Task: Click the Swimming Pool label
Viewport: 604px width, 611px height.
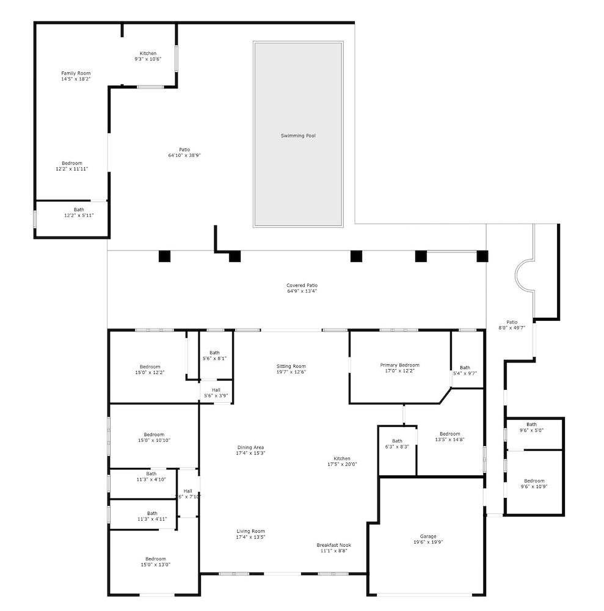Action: point(298,136)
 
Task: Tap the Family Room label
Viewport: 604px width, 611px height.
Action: point(76,73)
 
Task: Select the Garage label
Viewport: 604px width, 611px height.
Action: point(428,536)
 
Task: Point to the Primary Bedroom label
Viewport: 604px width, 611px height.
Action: point(399,365)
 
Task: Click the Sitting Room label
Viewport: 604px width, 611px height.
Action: point(291,367)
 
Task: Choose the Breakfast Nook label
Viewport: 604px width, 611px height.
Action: point(333,545)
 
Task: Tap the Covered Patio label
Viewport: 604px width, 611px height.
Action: point(302,285)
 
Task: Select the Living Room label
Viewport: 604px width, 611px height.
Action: point(250,531)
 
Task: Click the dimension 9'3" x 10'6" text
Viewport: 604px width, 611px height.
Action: point(148,59)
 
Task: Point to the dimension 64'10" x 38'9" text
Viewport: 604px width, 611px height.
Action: point(184,155)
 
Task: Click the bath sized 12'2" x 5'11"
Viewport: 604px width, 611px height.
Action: point(79,213)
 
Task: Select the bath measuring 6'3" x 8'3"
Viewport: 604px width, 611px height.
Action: point(397,444)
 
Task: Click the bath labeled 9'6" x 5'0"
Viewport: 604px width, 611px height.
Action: point(531,427)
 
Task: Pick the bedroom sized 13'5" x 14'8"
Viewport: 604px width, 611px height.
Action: point(449,437)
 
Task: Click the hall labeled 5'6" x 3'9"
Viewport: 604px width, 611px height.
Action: point(216,393)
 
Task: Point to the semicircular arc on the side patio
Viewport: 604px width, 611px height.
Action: point(524,276)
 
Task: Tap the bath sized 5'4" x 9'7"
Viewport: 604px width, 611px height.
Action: point(465,370)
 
